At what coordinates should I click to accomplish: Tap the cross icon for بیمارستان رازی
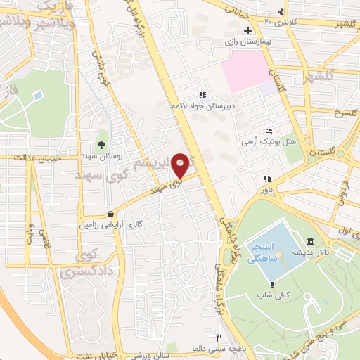[247, 31]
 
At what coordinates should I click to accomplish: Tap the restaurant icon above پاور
[267, 179]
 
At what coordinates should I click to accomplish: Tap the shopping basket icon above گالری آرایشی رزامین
[111, 214]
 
